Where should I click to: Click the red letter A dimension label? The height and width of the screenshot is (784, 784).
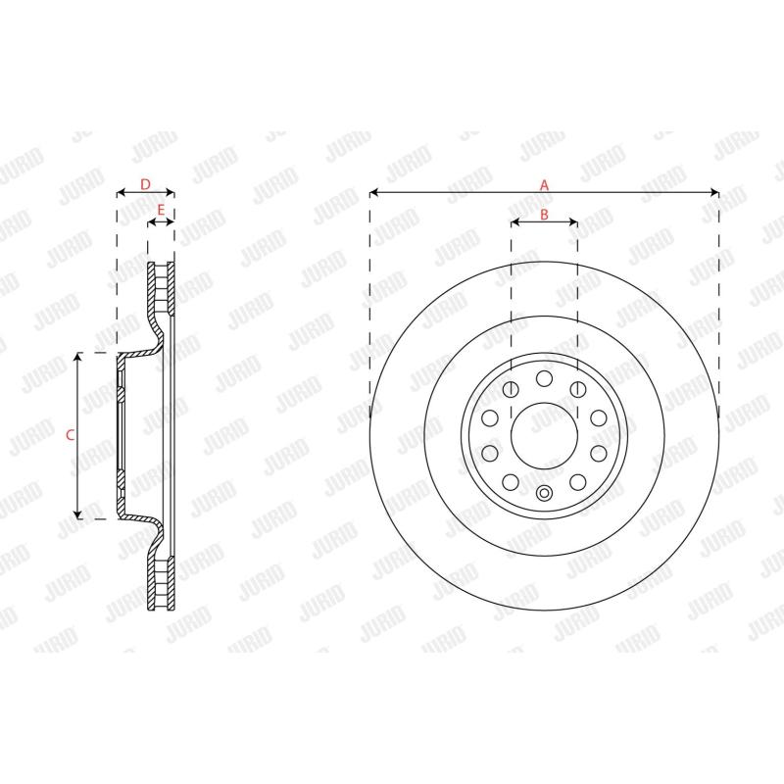pyautogui.click(x=544, y=185)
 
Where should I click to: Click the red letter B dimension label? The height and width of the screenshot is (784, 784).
pyautogui.click(x=544, y=215)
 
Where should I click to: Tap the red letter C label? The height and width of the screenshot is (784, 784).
pyautogui.click(x=70, y=435)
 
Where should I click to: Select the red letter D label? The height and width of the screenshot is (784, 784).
pyautogui.click(x=145, y=185)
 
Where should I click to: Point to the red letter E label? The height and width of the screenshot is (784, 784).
pyautogui.click(x=161, y=211)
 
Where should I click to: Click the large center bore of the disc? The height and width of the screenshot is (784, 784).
pyautogui.click(x=544, y=435)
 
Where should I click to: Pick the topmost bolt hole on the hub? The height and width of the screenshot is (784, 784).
pyautogui.click(x=544, y=378)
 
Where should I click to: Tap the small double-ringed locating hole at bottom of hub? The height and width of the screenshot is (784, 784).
pyautogui.click(x=544, y=493)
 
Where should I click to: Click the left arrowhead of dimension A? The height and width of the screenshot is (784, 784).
pyautogui.click(x=373, y=192)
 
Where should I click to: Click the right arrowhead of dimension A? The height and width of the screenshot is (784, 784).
pyautogui.click(x=715, y=192)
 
